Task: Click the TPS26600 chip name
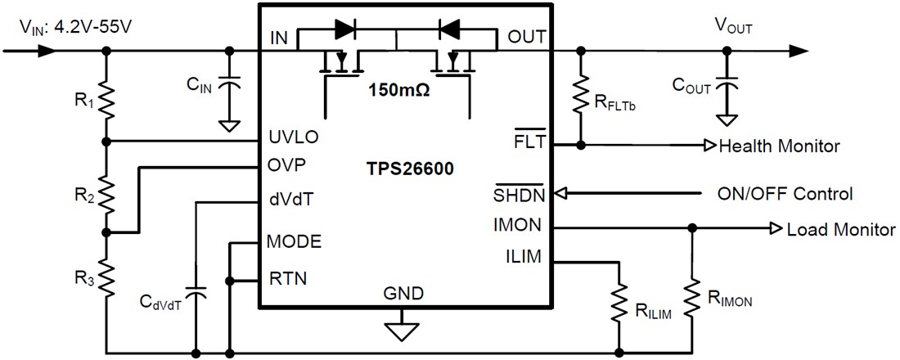click(x=410, y=169)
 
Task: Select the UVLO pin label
click(x=292, y=137)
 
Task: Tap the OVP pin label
click(x=287, y=164)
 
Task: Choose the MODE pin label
click(x=294, y=241)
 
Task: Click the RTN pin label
click(x=287, y=278)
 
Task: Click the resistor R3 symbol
click(x=106, y=274)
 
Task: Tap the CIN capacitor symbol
click(x=230, y=85)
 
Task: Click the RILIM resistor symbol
click(x=619, y=303)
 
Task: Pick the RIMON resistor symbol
click(x=692, y=299)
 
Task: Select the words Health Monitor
click(x=778, y=146)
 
